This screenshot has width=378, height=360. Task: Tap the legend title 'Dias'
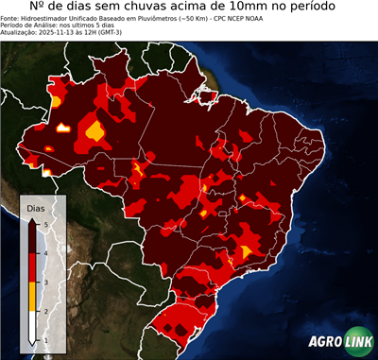click(x=36, y=207)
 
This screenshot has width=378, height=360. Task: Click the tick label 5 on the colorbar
click(x=46, y=223)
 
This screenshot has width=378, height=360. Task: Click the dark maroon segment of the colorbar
click(x=32, y=237)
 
